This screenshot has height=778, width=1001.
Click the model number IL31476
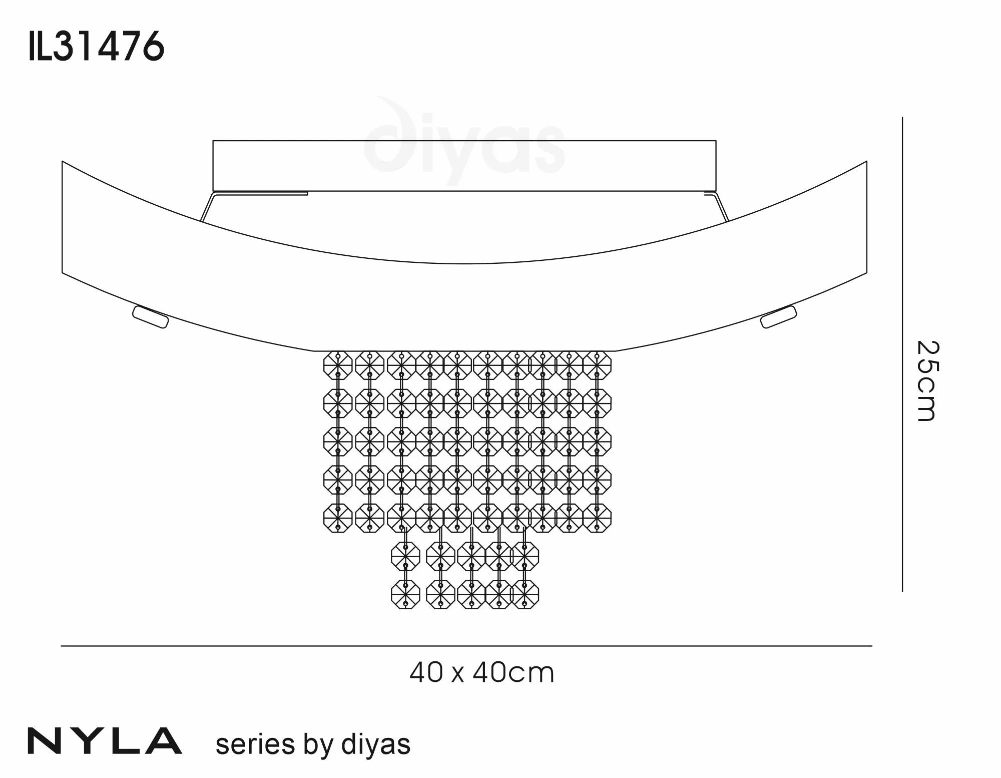tap(97, 46)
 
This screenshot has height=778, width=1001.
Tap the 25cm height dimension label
tap(927, 381)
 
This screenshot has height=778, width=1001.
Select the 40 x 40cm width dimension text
tap(481, 673)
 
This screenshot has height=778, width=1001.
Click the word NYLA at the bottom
tap(105, 741)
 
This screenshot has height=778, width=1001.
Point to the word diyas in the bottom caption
tap(375, 744)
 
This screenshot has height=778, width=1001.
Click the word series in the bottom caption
tap(255, 744)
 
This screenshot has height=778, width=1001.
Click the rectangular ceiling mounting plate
tap(464, 166)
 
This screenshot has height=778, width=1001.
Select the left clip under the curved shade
tap(150, 317)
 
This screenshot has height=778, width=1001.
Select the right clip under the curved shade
tap(778, 317)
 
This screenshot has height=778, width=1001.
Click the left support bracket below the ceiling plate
tap(208, 207)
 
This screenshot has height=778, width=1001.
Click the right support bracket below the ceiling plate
tap(721, 207)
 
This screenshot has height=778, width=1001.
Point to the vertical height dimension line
tap(902, 354)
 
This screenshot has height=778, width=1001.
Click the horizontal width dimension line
tap(466, 646)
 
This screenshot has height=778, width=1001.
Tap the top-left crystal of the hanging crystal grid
tap(338, 365)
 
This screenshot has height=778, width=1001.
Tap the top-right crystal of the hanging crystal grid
tap(597, 365)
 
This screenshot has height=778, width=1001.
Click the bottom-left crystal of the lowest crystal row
tap(405, 594)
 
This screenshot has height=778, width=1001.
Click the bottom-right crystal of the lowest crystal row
tap(525, 594)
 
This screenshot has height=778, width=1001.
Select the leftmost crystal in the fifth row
tap(338, 517)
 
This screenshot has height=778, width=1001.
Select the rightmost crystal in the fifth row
tap(597, 517)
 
